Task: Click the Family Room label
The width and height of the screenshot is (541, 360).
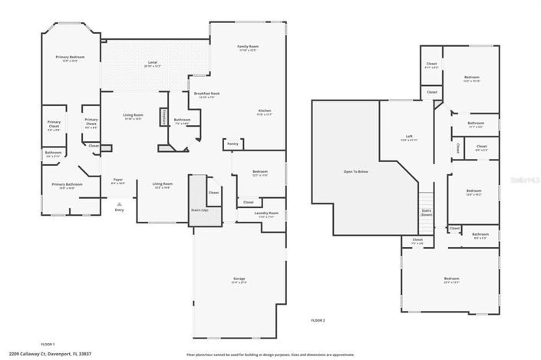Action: click(x=247, y=46)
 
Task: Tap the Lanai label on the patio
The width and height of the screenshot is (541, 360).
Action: click(x=153, y=62)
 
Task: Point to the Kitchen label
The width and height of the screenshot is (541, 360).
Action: click(x=264, y=111)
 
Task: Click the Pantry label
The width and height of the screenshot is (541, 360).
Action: click(x=233, y=144)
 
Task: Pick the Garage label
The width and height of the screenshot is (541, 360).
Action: click(x=239, y=279)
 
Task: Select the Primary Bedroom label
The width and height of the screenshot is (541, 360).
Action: click(x=69, y=58)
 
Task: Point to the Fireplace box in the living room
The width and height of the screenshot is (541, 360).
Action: click(x=163, y=116)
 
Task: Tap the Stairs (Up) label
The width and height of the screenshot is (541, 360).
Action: click(x=200, y=209)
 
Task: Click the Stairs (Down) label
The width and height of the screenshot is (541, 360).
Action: click(x=426, y=212)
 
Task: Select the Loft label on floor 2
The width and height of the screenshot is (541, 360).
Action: click(x=409, y=137)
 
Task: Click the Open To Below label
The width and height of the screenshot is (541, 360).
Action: click(x=355, y=170)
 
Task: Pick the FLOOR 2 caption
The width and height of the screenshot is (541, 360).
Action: click(x=318, y=319)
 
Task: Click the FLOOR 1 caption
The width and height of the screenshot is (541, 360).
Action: click(x=48, y=344)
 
